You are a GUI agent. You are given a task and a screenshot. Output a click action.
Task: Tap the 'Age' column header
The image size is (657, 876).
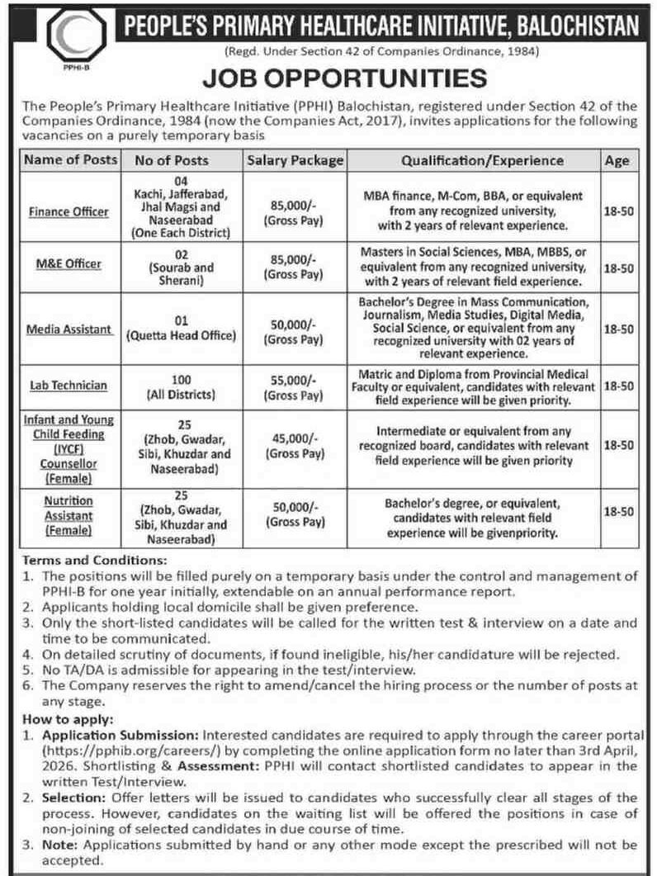[x=617, y=160]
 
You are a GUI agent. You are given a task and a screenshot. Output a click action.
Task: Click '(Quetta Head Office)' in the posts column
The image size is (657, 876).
[x=181, y=335]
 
